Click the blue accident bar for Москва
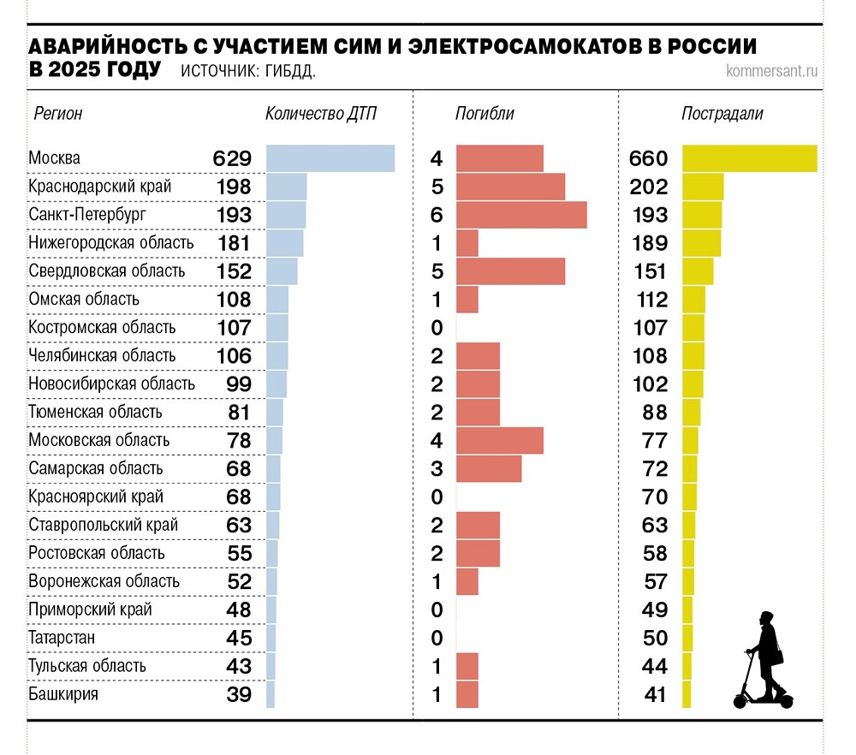coord(330,158)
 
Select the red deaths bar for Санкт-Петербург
coord(521,215)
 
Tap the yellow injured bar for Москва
coord(749,158)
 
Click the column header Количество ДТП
coord(320,114)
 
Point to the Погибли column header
coord(484,114)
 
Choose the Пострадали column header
coord(722,114)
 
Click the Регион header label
coord(57,114)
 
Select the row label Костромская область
coord(102,327)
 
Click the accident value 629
coord(232,158)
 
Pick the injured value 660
coord(648,158)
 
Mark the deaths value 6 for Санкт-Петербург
coord(437,215)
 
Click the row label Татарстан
coord(62,638)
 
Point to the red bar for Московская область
coord(499,440)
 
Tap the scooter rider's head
coord(766,621)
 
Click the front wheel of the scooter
coord(741,699)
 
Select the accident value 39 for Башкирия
coord(240,694)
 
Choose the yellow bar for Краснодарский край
coord(703,187)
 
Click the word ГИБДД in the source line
coord(288,71)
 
